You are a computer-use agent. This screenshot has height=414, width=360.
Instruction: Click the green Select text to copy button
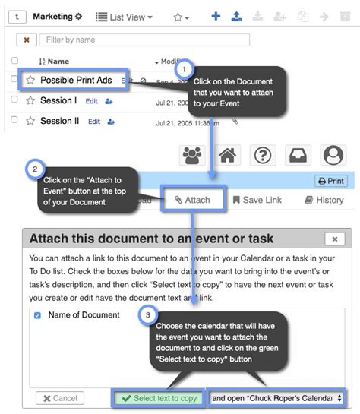tap(159, 398)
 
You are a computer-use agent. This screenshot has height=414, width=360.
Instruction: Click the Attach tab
tap(191, 200)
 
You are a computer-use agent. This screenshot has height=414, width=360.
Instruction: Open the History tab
tap(324, 200)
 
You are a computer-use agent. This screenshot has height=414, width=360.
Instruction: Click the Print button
tap(330, 181)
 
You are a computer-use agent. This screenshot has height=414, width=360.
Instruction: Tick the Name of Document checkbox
tap(38, 314)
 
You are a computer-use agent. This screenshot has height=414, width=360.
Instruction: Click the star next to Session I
tap(30, 100)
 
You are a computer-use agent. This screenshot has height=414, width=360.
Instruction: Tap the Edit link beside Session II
tap(94, 121)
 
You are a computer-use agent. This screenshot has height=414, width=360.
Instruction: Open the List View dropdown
tap(125, 16)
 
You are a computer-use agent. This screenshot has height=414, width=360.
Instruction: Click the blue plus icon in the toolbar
tap(216, 16)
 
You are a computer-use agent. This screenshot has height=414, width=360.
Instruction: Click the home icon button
tap(226, 155)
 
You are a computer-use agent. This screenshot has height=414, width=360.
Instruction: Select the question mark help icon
tap(262, 155)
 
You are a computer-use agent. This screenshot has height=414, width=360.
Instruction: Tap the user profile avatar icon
tap(333, 155)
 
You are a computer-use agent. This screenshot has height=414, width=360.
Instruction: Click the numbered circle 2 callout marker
tap(34, 168)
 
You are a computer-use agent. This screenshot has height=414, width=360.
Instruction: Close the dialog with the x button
tap(334, 239)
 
